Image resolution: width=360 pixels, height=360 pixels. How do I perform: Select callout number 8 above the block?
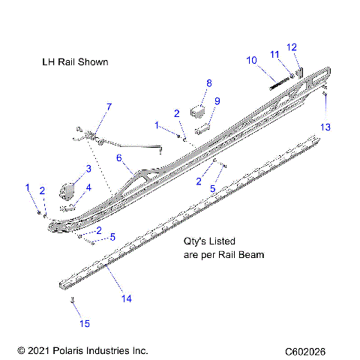coord(209,83)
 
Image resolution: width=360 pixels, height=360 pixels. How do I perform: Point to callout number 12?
coord(292,47)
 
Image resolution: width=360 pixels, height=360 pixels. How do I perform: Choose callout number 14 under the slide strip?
coord(125,298)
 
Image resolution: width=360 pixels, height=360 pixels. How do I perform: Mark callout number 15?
coord(85,323)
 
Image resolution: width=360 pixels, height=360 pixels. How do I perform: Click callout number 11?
coord(275,53)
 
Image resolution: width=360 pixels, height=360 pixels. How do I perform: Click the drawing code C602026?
coord(309,350)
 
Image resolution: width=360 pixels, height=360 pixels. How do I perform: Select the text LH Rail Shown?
coord(75,61)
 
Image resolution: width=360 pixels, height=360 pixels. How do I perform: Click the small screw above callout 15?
coord(73,301)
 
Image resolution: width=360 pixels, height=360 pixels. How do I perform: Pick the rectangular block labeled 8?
coord(199,110)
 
